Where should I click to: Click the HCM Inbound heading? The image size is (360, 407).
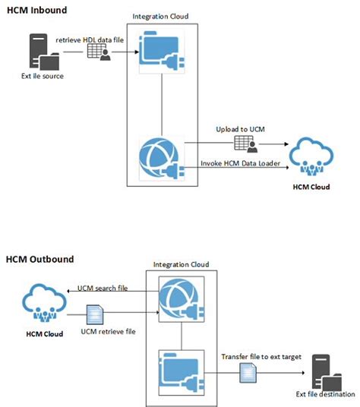(x=36, y=10)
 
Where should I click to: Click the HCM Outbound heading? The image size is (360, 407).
(x=39, y=259)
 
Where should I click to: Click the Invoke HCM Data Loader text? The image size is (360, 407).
(x=239, y=162)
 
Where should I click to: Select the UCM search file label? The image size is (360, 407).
(x=101, y=289)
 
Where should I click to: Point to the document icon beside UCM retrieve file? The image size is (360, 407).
(x=96, y=314)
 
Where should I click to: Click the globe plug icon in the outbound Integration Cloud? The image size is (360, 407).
(x=180, y=301)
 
